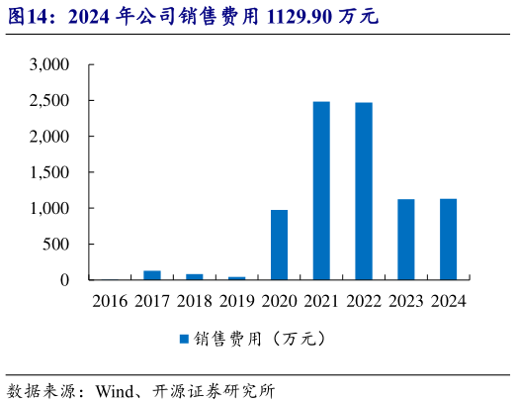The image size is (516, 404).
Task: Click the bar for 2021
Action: (321, 190)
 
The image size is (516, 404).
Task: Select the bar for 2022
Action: (364, 191)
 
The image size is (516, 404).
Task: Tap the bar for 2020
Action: (279, 245)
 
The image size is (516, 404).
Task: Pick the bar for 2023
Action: (406, 240)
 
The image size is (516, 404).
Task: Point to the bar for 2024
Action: (449, 239)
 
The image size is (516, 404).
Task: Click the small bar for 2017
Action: (152, 275)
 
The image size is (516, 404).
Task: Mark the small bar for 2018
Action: (195, 277)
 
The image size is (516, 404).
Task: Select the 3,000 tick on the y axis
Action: (49, 64)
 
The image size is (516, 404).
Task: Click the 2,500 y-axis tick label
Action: (49, 101)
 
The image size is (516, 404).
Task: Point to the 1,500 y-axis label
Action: (49, 172)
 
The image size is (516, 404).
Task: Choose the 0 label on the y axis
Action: (65, 280)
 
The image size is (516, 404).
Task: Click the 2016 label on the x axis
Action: (110, 300)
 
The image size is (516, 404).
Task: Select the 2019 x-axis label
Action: (237, 300)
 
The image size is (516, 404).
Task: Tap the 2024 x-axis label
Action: (449, 300)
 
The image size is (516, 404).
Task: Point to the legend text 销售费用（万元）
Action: (261, 339)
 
